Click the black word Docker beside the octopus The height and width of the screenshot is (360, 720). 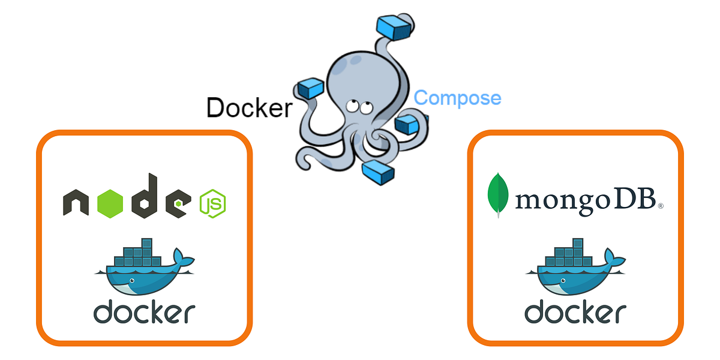pyautogui.click(x=249, y=107)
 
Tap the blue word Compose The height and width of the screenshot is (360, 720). pyautogui.click(x=457, y=98)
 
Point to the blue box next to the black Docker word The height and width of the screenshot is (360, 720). pyautogui.click(x=311, y=88)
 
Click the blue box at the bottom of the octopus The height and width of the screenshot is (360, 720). pyautogui.click(x=378, y=172)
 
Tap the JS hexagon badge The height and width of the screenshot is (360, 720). pyautogui.click(x=212, y=203)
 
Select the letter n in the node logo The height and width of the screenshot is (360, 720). pyautogui.click(x=78, y=203)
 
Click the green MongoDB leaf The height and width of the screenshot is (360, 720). pyautogui.click(x=498, y=195)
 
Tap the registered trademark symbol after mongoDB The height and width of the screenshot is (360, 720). pyautogui.click(x=661, y=206)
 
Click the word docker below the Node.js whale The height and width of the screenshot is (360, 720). pyautogui.click(x=144, y=312)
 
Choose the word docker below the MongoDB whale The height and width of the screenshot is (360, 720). pyautogui.click(x=575, y=312)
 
